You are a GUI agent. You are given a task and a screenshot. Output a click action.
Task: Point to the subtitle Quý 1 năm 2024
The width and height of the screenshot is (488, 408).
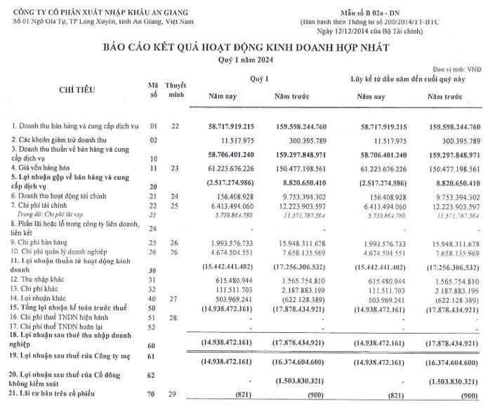tap(243, 60)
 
